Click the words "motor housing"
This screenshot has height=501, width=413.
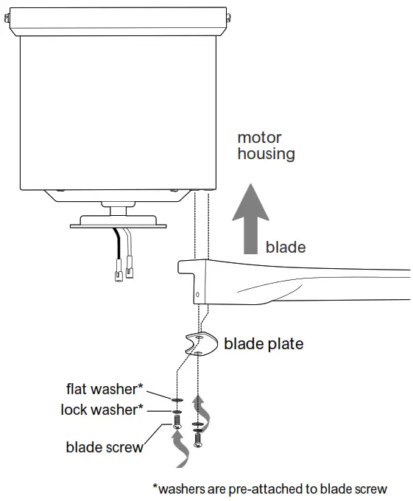[x=266, y=146]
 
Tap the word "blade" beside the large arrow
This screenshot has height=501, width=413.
[x=285, y=247]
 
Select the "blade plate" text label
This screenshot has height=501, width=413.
[x=263, y=343]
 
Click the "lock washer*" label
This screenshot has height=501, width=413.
[x=102, y=410]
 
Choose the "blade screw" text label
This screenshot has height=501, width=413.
[x=105, y=446]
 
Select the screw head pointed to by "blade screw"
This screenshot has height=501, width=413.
[x=176, y=425]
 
